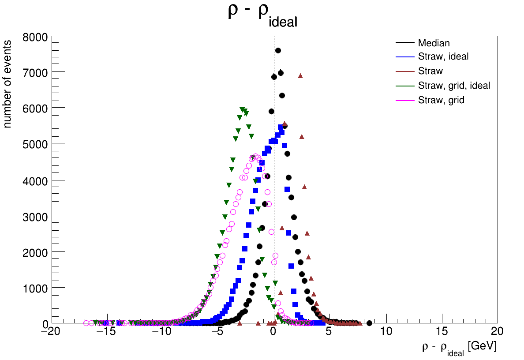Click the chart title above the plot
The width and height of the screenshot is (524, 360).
pyautogui.click(x=262, y=15)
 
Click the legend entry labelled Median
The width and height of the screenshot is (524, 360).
pyautogui.click(x=434, y=43)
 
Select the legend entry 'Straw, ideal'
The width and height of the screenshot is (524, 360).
pyautogui.click(x=443, y=56)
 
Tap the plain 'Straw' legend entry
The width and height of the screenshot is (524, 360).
pyautogui.click(x=430, y=71)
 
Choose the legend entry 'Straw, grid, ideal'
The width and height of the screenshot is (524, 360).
pyautogui.click(x=454, y=86)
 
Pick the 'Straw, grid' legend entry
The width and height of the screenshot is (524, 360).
pyautogui.click(x=441, y=100)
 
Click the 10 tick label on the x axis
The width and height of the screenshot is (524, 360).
pyautogui.click(x=386, y=332)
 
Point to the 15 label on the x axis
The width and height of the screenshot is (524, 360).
pyautogui.click(x=442, y=332)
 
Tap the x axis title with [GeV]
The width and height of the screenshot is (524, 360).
pyautogui.click(x=459, y=348)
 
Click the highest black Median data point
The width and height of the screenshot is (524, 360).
pyautogui.click(x=278, y=51)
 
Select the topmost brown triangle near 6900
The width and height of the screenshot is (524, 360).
pyautogui.click(x=300, y=76)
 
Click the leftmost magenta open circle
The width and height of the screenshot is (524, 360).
pyautogui.click(x=86, y=323)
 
